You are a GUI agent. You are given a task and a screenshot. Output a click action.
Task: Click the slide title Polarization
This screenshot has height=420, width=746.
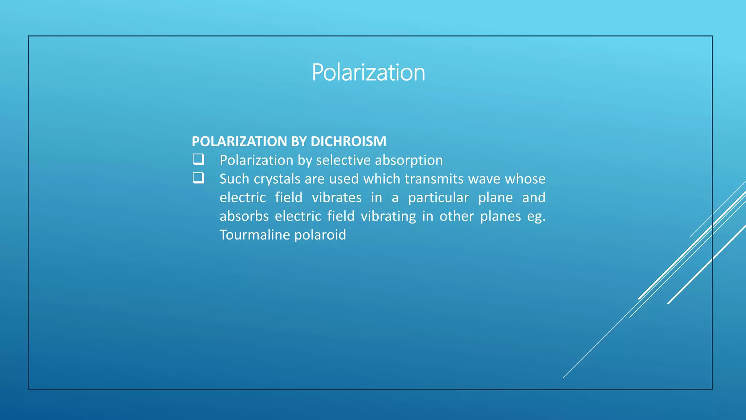pos(368,72)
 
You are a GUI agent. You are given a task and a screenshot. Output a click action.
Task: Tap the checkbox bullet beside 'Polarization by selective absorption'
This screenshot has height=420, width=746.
pos(198,159)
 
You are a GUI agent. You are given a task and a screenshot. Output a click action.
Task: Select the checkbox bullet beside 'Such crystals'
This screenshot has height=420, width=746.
pos(198,178)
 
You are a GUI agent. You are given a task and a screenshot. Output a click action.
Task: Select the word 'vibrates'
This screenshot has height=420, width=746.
pos(337,198)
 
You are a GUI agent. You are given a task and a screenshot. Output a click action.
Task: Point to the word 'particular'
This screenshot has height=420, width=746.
pos(438,198)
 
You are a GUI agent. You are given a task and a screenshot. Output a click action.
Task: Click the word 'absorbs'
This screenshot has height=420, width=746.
pos(244,216)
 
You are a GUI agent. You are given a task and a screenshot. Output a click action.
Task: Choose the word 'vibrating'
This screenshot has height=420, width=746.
pos(388,216)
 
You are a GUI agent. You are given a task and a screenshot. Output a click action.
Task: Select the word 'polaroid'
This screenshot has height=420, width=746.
pos(320,235)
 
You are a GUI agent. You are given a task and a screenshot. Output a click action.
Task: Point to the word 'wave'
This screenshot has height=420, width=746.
pos(484,179)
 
